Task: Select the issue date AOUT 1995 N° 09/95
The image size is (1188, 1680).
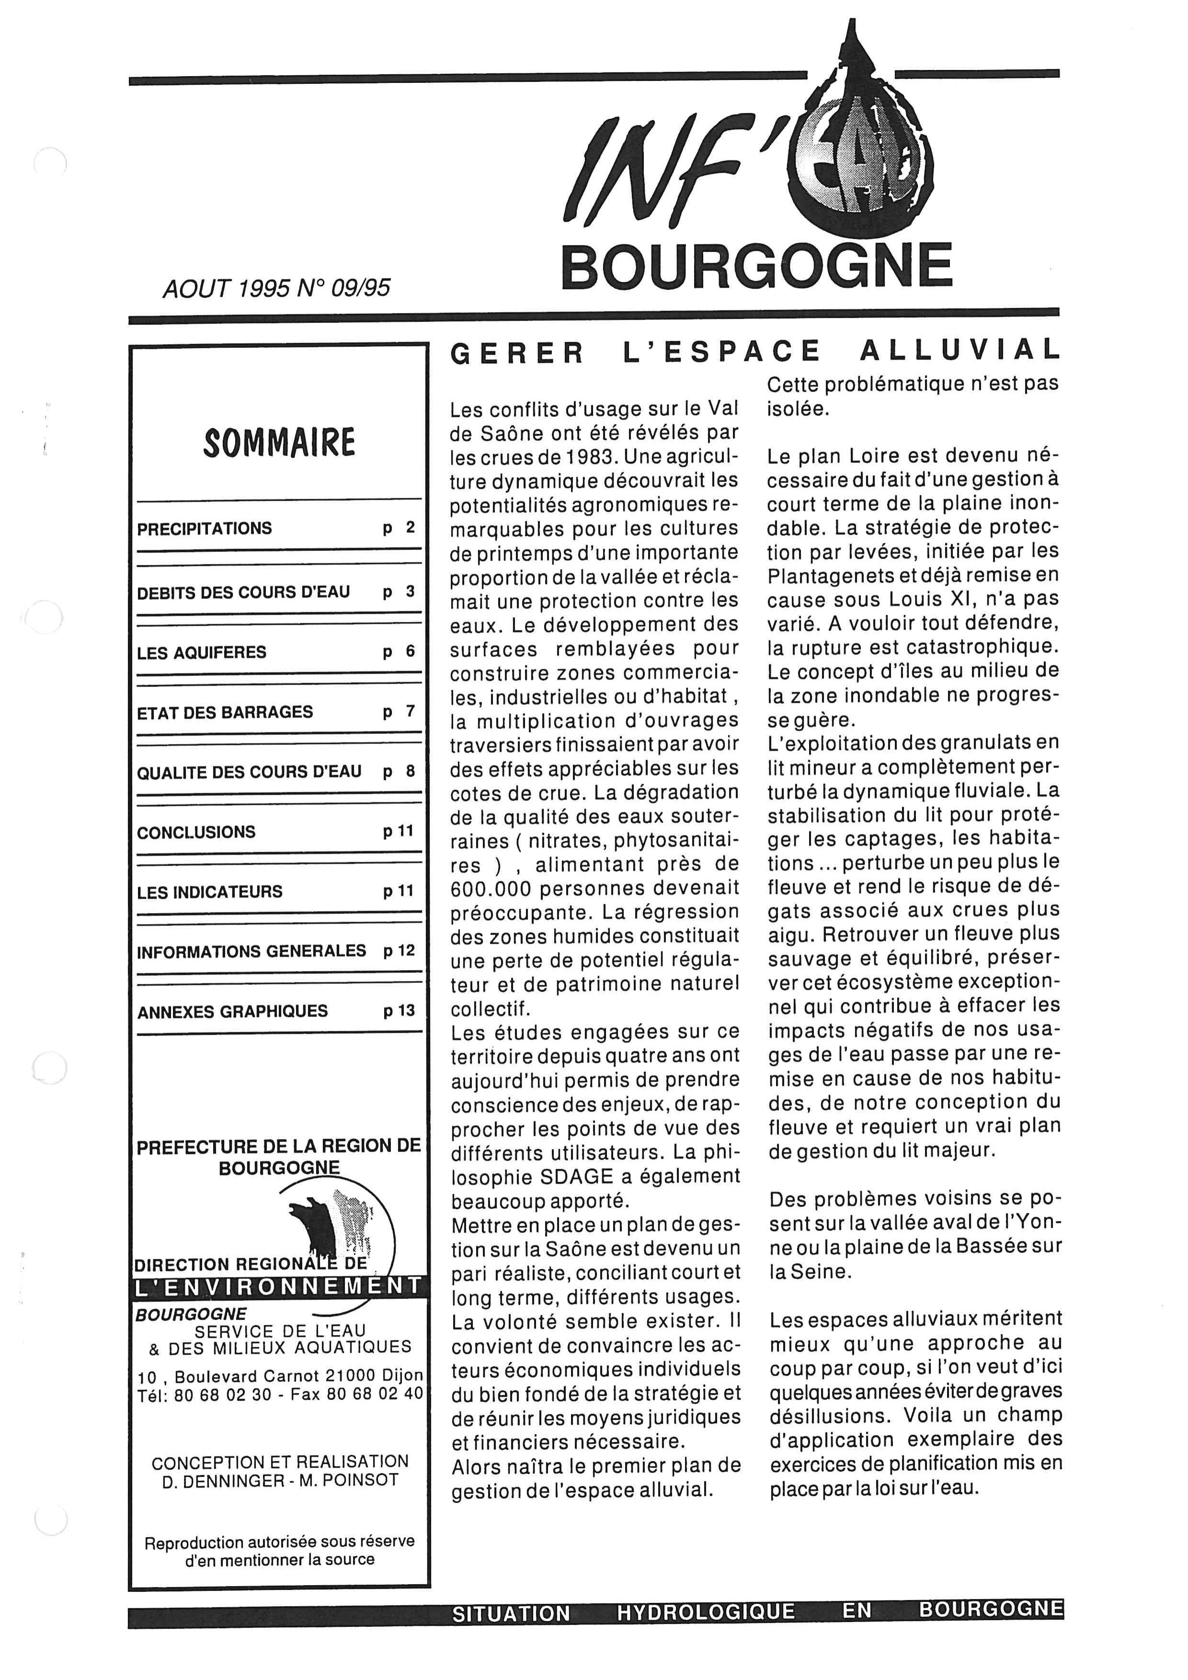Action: [x=276, y=288]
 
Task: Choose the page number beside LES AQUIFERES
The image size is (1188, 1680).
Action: [x=400, y=652]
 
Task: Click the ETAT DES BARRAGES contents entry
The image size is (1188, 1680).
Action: [x=225, y=712]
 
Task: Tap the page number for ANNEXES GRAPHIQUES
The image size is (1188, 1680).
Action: [x=399, y=1010]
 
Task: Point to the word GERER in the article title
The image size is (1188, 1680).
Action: [x=516, y=354]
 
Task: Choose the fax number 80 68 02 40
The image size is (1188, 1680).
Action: [x=375, y=1394]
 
